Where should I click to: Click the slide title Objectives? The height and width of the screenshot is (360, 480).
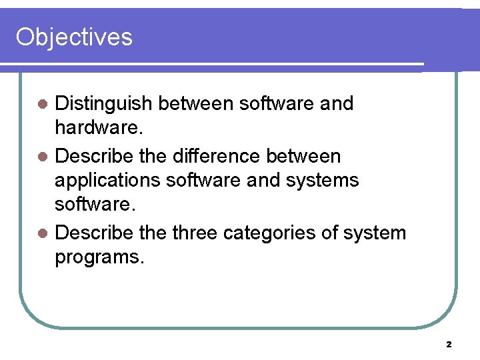coord(74,37)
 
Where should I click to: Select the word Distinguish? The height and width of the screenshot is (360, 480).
coord(104,103)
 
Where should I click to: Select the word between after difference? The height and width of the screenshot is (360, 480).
coord(303,156)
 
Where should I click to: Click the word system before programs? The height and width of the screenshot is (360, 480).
coord(380,233)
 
